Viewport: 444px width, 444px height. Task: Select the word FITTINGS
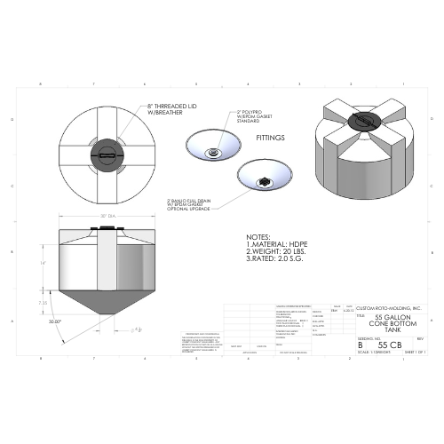(273, 139)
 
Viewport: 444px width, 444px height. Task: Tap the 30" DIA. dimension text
(108, 216)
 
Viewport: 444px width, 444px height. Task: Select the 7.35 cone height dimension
(42, 303)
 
